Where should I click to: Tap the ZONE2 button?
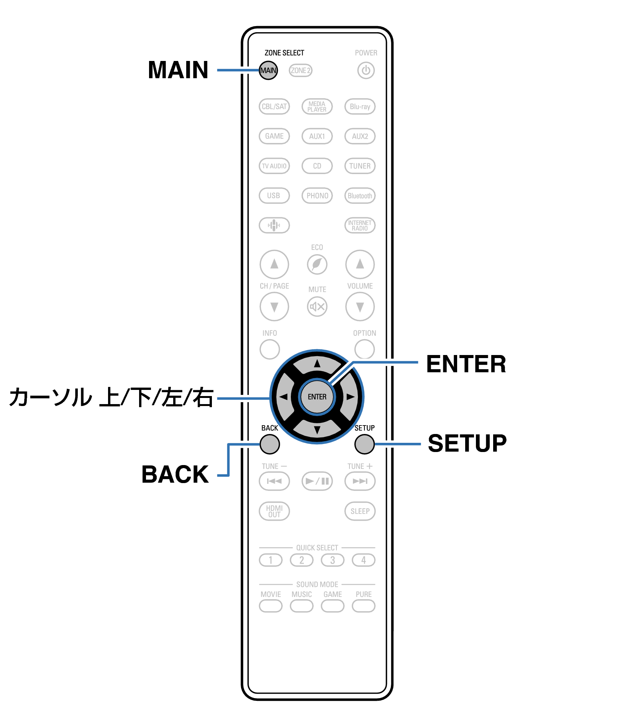pyautogui.click(x=300, y=71)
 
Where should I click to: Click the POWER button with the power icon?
pyautogui.click(x=366, y=71)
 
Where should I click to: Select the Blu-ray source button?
pyautogui.click(x=359, y=107)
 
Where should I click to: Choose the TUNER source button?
pyautogui.click(x=359, y=166)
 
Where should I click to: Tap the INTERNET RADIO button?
pyautogui.click(x=359, y=225)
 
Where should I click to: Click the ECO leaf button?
pyautogui.click(x=317, y=265)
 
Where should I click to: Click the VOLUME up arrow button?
pyautogui.click(x=359, y=264)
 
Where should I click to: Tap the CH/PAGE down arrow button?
pyautogui.click(x=274, y=307)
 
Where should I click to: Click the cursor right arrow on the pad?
pyautogui.click(x=349, y=397)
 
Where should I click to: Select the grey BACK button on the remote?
pyautogui.click(x=270, y=444)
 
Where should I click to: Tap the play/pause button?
pyautogui.click(x=317, y=481)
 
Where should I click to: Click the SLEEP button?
pyautogui.click(x=359, y=511)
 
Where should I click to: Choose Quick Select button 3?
pyautogui.click(x=332, y=560)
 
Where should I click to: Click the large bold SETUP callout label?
pyautogui.click(x=467, y=443)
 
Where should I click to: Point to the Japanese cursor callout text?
pyautogui.click(x=111, y=397)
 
